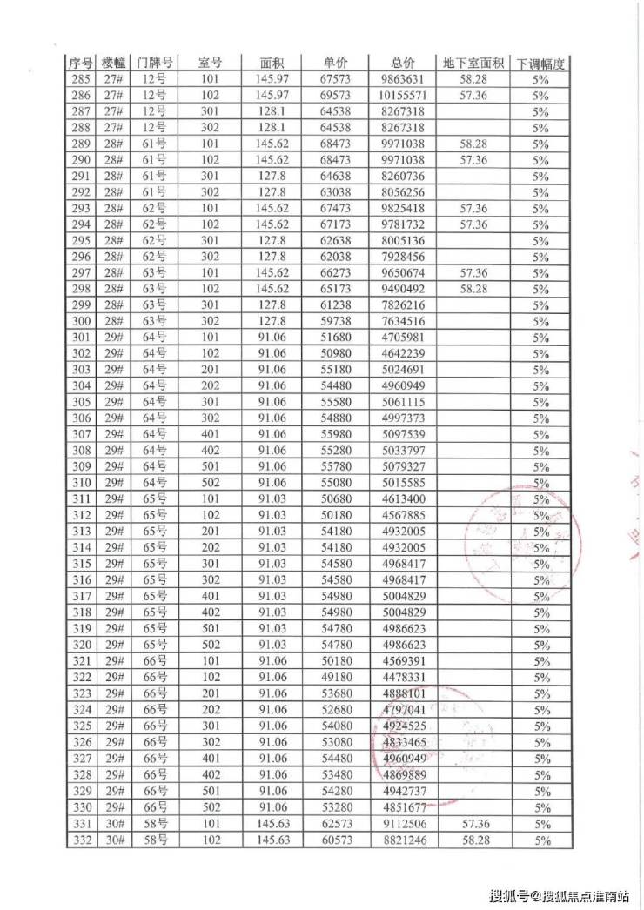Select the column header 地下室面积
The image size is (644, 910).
473,64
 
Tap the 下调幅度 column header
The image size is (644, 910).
541,64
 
